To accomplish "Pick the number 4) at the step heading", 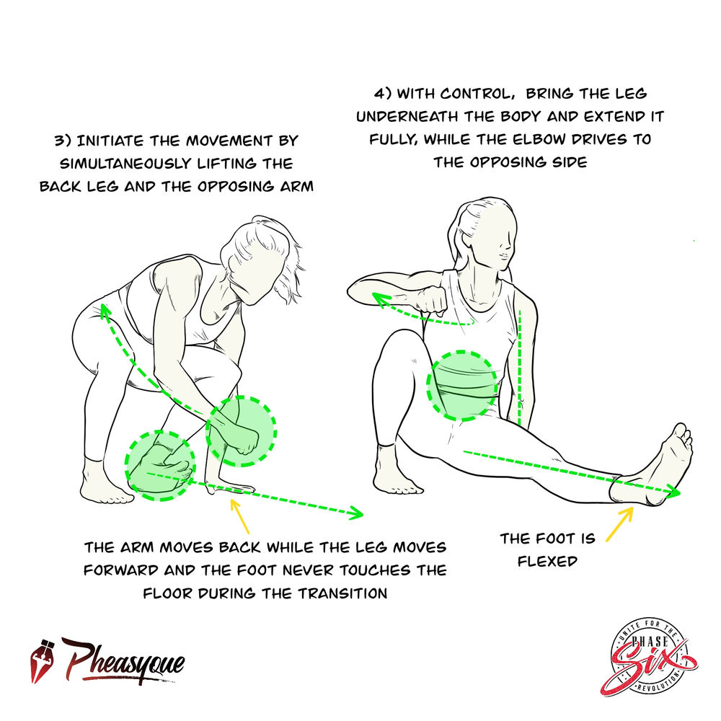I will (x=382, y=94).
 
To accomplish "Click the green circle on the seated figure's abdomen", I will (x=463, y=386).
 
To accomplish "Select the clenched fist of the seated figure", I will (x=433, y=299).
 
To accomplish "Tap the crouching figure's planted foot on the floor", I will (x=107, y=490).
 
